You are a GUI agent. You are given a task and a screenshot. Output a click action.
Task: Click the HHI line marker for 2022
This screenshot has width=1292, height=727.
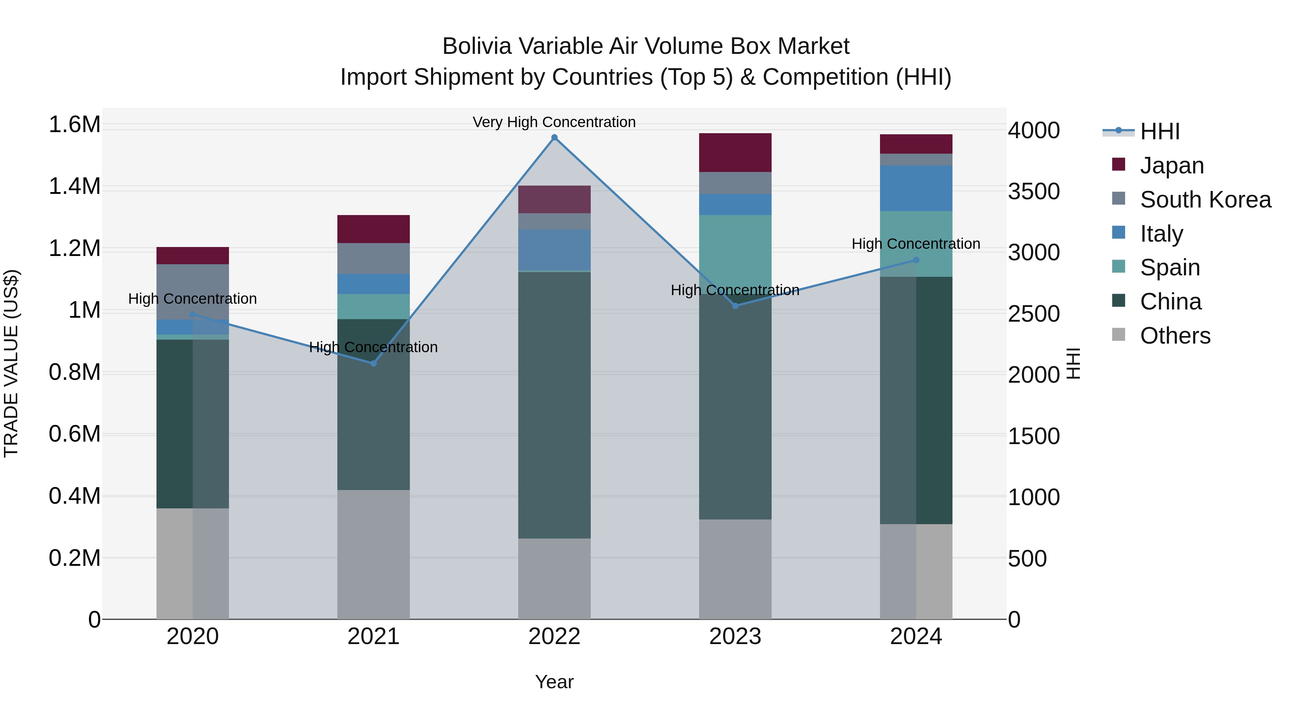click(554, 138)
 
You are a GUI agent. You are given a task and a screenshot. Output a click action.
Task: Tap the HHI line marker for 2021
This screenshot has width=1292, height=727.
click(373, 363)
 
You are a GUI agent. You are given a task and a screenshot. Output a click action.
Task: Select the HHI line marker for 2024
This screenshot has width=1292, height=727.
click(916, 260)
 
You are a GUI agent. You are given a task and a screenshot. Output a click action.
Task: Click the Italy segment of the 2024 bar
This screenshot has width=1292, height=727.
click(916, 188)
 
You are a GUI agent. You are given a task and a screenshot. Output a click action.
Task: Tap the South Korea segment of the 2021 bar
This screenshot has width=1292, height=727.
click(373, 258)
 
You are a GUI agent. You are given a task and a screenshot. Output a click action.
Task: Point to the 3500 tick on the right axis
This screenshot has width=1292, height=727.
click(1034, 192)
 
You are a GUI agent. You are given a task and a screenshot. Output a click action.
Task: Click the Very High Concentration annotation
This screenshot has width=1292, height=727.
click(554, 122)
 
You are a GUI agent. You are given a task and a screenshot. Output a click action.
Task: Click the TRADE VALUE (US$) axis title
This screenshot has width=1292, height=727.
click(11, 363)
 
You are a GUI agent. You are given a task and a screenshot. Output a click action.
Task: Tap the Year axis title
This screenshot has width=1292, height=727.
click(554, 682)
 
